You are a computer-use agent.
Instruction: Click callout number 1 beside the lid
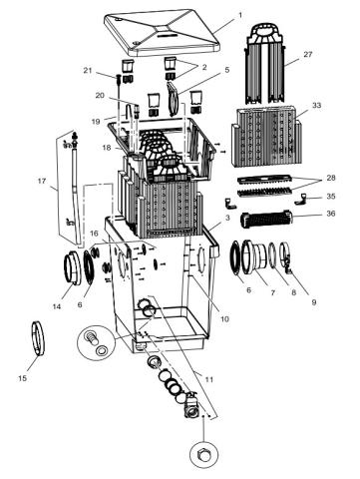click(240, 15)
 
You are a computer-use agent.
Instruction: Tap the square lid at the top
click(162, 31)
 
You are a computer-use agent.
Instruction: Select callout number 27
click(308, 54)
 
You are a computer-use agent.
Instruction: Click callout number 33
click(317, 105)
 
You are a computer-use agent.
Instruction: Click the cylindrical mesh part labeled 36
click(266, 220)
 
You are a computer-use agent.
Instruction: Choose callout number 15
click(22, 378)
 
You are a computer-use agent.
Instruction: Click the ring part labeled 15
click(38, 338)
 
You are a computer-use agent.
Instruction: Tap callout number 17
click(42, 182)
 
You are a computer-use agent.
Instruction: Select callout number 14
click(57, 306)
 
